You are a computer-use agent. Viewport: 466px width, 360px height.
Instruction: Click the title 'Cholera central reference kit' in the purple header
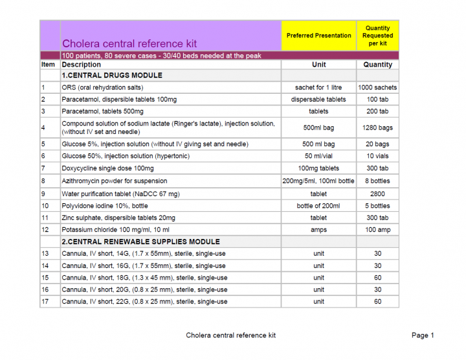pos(129,44)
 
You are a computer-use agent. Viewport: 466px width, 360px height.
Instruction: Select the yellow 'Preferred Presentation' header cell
pos(318,36)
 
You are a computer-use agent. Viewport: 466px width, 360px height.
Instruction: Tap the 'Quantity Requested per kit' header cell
pos(377,36)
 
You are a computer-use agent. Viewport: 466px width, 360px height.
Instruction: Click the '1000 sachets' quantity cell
pos(377,87)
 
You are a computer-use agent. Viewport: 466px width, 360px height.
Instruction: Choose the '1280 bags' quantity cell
pos(377,128)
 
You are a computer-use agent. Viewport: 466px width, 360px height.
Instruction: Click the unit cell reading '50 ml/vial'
pos(318,156)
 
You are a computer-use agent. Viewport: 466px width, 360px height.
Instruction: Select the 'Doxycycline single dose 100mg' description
pos(108,168)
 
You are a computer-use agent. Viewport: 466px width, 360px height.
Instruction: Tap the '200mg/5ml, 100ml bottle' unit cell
pos(318,181)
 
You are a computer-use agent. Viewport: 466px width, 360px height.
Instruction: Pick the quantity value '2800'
pos(377,194)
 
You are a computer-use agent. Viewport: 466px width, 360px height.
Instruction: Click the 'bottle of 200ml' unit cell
pos(318,206)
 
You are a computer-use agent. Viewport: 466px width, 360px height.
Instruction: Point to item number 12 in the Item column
pos(45,230)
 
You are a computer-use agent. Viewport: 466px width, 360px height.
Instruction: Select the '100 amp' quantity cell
pos(377,230)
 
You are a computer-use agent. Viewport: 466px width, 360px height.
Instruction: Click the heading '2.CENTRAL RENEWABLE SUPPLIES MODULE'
pos(140,242)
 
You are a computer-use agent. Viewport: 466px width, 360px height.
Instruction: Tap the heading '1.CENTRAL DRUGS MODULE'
pos(112,76)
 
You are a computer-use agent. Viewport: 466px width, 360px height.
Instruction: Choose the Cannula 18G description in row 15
pos(144,278)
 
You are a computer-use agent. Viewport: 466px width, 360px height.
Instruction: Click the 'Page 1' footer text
pos(423,335)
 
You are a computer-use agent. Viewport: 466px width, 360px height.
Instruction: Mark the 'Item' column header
pos(49,65)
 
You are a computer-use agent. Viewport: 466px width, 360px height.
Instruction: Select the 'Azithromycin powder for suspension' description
pos(114,181)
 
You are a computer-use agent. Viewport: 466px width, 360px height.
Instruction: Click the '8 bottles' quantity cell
pos(377,181)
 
